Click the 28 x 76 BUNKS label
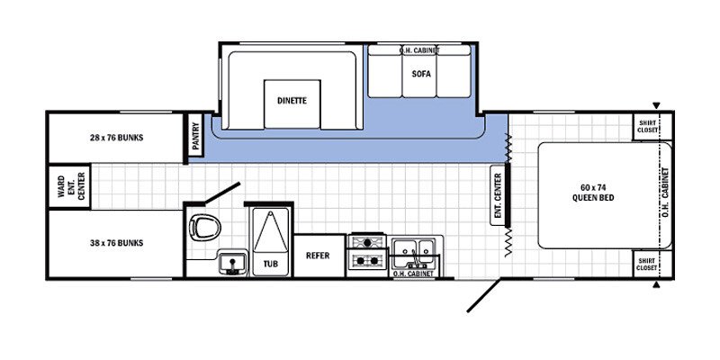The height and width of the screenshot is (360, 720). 117,138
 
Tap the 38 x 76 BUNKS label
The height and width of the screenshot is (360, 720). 117,243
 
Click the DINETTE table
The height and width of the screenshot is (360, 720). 292,101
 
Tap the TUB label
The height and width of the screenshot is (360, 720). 270,264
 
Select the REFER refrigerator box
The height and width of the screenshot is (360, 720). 318,256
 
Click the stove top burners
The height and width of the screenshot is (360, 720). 366,252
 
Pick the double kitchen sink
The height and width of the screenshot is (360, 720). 415,249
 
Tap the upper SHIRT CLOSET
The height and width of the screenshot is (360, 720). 647,127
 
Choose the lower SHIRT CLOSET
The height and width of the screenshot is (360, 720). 647,263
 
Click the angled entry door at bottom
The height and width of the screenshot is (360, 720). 483,294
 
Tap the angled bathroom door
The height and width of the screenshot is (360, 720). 220,193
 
